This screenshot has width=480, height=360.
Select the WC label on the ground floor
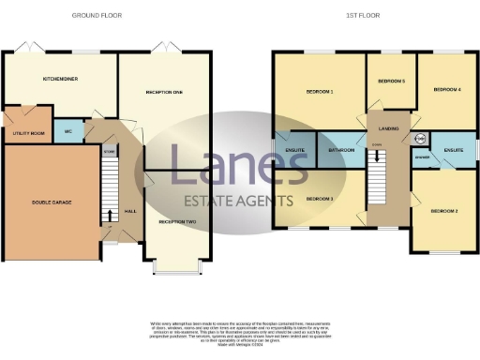[x=67, y=132]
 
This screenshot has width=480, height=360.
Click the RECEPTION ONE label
[x=164, y=92]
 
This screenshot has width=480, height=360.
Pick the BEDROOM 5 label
[x=391, y=82]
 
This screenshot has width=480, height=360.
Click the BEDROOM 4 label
[x=446, y=90]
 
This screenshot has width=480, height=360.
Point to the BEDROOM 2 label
[x=443, y=212]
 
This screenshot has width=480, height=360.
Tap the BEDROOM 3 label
[x=320, y=199]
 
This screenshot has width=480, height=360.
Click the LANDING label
[x=389, y=127]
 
